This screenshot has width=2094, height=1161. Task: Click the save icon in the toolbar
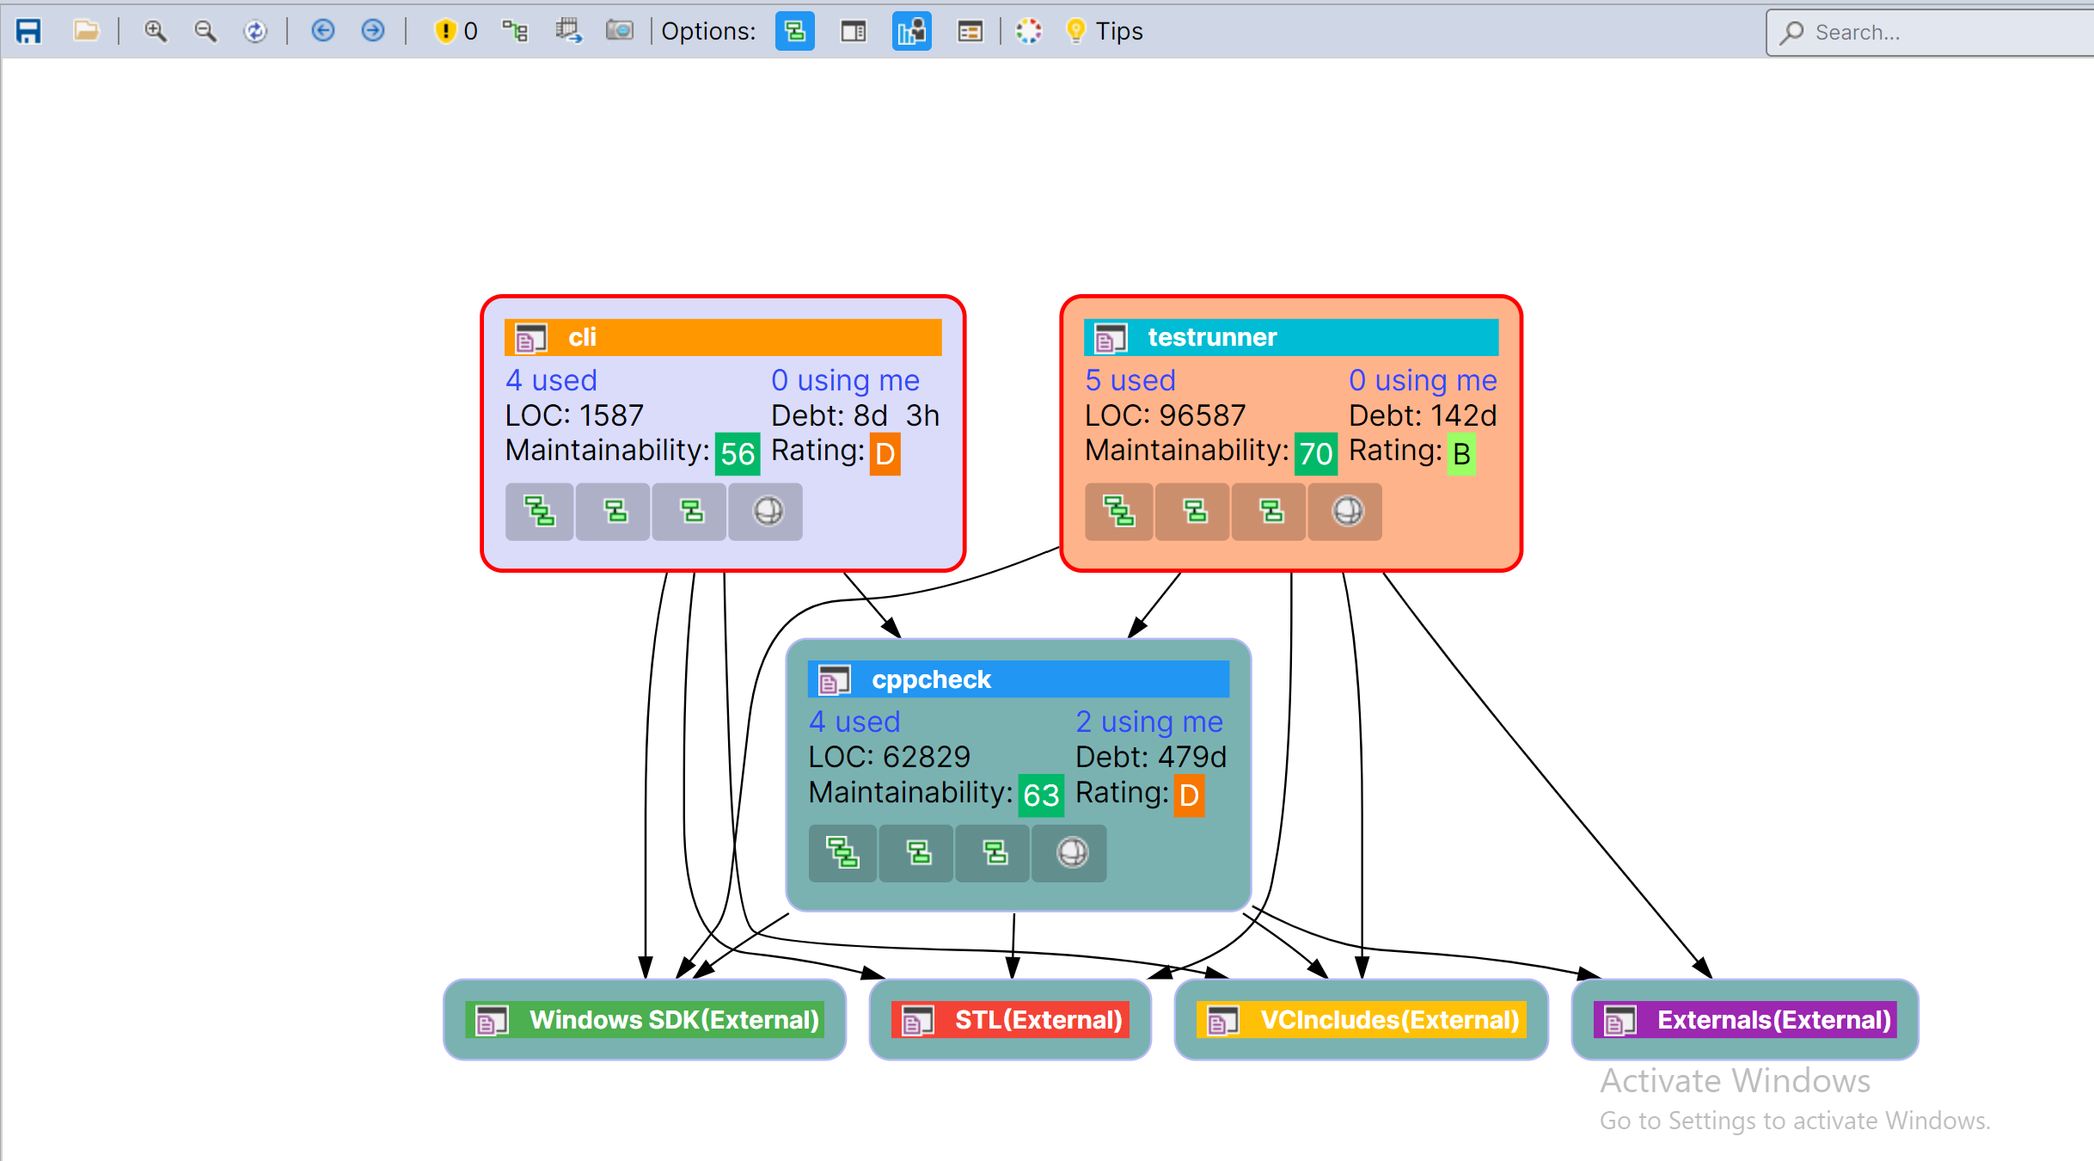click(x=28, y=32)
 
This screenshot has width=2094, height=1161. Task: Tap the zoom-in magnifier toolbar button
click(x=155, y=32)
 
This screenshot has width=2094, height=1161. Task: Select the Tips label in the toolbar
click(x=1118, y=32)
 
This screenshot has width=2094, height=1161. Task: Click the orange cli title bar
click(x=722, y=337)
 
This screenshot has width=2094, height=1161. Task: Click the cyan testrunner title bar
click(x=1290, y=337)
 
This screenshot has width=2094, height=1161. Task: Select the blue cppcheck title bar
click(x=1018, y=679)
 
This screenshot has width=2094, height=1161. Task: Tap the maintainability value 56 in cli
click(x=738, y=454)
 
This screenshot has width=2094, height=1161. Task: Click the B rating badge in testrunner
click(x=1461, y=454)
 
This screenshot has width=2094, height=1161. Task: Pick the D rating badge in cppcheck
click(x=1189, y=795)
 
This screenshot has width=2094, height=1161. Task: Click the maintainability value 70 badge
click(x=1315, y=454)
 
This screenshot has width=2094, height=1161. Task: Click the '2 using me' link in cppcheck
click(x=1148, y=722)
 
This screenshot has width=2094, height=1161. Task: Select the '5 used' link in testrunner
click(x=1130, y=380)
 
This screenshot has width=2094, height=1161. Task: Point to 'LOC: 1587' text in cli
click(x=574, y=415)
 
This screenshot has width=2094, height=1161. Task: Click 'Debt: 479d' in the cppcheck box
click(x=1150, y=757)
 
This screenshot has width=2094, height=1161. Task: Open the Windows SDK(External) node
click(x=645, y=1020)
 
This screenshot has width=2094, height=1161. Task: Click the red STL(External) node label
click(x=1010, y=1020)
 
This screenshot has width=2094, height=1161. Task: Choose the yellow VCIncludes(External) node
click(x=1361, y=1020)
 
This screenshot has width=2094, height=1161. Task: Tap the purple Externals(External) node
click(x=1745, y=1020)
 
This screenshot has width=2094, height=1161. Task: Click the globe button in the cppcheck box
click(x=1071, y=853)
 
